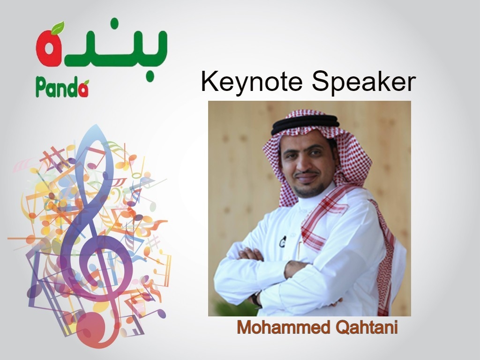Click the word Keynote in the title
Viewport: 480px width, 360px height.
pyautogui.click(x=252, y=82)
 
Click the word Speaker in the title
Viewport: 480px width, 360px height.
pyautogui.click(x=364, y=82)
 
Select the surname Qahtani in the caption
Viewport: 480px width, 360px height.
pyautogui.click(x=367, y=327)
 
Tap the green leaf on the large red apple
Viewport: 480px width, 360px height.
pyautogui.click(x=58, y=28)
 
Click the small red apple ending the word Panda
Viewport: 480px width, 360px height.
pyautogui.click(x=84, y=89)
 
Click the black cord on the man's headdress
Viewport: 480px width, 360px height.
pyautogui.click(x=306, y=124)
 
